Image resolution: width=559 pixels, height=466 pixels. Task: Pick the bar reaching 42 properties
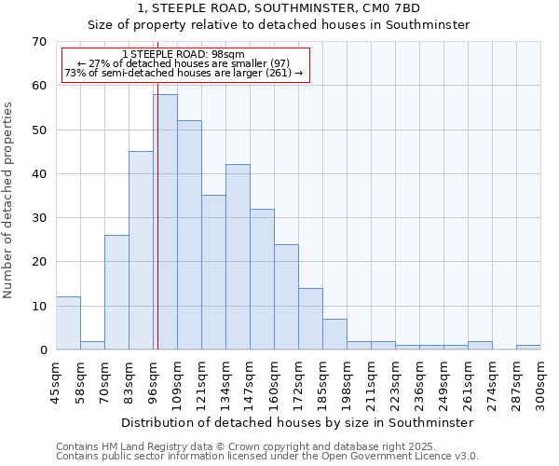[x=238, y=257]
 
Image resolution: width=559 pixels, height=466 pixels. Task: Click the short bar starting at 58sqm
[x=92, y=346]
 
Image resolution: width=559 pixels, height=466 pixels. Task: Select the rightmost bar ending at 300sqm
[x=528, y=348]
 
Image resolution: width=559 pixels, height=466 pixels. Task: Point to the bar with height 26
[x=116, y=293]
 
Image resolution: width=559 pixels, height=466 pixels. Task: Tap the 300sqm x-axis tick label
[x=540, y=385]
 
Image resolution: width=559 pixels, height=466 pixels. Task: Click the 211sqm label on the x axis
[x=371, y=385]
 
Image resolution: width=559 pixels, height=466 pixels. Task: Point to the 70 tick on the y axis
[x=38, y=42]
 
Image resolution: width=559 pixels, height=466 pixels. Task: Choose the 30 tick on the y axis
[x=38, y=218]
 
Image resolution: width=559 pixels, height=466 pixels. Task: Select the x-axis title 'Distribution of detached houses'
[x=297, y=422]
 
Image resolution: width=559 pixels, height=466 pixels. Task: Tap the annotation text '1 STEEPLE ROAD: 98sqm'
[x=184, y=54]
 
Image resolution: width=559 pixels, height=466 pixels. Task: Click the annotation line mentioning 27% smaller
[x=184, y=63]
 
